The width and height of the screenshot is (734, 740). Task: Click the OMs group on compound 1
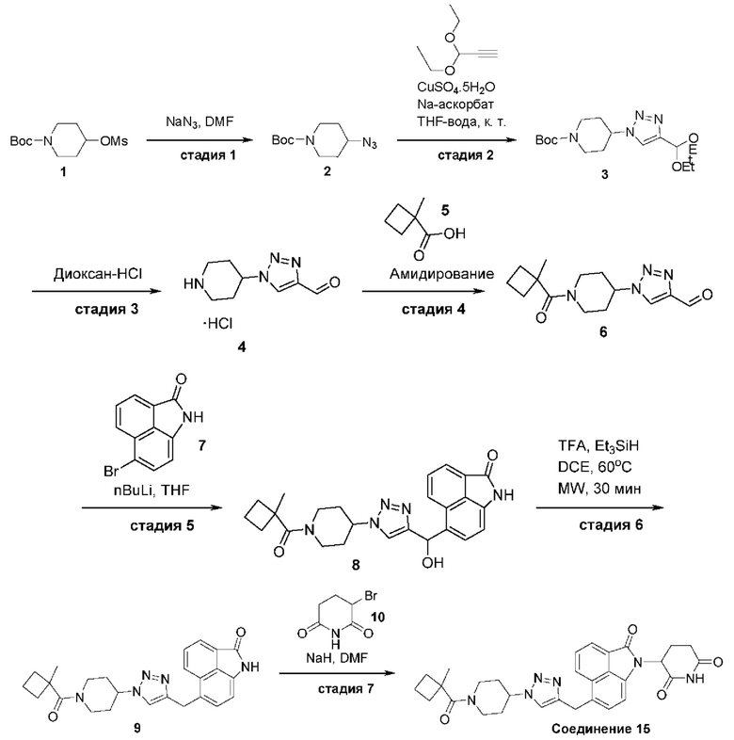[114, 141]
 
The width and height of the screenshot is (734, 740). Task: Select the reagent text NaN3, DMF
[199, 121]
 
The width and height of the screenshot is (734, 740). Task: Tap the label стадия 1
[208, 155]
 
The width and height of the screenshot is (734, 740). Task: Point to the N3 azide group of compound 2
[370, 142]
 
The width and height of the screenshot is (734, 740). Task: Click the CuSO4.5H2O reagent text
[456, 88]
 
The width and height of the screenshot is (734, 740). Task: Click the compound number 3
[604, 174]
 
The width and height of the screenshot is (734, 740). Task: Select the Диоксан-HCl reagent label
[98, 274]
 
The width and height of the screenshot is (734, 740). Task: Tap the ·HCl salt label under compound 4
[217, 324]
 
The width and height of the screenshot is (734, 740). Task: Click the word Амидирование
[442, 274]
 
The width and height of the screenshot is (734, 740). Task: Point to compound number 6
[603, 332]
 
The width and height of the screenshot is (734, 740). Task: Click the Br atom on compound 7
[111, 471]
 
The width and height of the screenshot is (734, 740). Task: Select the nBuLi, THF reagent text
[151, 491]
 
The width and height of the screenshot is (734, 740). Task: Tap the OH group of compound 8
[433, 563]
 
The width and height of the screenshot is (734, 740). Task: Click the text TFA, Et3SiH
[598, 445]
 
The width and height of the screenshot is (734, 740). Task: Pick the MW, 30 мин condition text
[599, 488]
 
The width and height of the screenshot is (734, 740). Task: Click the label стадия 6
[611, 524]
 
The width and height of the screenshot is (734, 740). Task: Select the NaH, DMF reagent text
[336, 657]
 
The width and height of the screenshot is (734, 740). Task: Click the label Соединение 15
[600, 729]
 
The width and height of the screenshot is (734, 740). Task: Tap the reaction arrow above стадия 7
[337, 673]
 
